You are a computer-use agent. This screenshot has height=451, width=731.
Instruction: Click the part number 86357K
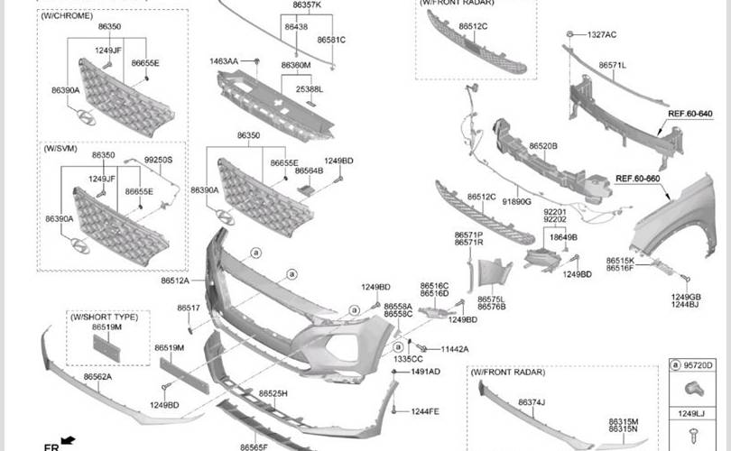307,5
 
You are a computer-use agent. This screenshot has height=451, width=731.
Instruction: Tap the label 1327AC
602,34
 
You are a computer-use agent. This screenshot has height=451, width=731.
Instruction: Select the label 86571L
612,65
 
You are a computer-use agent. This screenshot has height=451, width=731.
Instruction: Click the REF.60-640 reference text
689,114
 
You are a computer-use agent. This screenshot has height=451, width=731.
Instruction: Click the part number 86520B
543,145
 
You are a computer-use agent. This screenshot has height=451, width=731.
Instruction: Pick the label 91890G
516,202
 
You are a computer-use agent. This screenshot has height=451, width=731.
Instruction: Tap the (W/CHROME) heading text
68,15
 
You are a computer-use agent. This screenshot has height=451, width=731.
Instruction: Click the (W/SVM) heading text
61,146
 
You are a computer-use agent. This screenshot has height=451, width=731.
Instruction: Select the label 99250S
158,160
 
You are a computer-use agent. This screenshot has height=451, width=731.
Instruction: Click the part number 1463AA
224,61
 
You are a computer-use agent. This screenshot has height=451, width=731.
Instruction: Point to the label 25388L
309,89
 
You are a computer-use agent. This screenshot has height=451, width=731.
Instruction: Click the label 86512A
175,281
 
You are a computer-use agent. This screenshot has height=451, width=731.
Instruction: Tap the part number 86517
189,308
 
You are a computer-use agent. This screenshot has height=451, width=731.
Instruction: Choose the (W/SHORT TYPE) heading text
106,317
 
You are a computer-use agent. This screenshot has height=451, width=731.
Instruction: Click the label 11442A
455,349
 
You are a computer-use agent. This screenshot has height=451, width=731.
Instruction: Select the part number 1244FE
425,411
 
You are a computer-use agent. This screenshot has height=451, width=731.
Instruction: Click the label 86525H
273,394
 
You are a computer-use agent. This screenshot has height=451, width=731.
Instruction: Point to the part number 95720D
699,365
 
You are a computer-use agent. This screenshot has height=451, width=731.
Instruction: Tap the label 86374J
532,402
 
